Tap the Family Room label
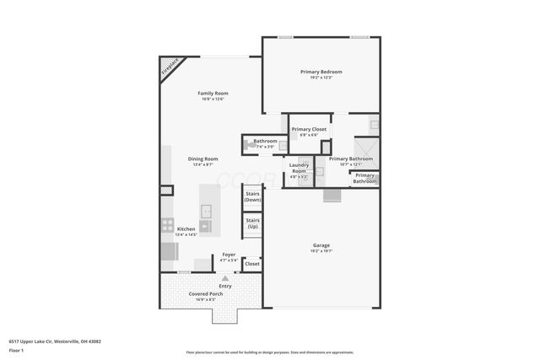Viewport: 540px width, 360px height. [x=213, y=93]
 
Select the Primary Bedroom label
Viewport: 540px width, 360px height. [x=321, y=72]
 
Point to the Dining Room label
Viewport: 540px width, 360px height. [x=202, y=159]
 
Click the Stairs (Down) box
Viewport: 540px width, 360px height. [x=251, y=197]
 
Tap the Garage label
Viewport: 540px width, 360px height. [x=321, y=245]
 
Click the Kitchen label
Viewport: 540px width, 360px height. [x=186, y=228]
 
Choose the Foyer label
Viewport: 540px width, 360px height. [x=228, y=255]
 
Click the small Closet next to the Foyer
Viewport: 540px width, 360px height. [x=251, y=264]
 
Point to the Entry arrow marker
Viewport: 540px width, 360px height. [x=224, y=278]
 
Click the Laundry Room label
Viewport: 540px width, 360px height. [x=299, y=168]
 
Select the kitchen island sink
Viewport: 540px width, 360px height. [x=205, y=210]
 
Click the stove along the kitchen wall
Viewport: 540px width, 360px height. [x=165, y=225]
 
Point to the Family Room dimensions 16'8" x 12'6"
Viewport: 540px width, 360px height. [x=213, y=99]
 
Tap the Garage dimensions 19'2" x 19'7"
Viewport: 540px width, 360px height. [x=321, y=251]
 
